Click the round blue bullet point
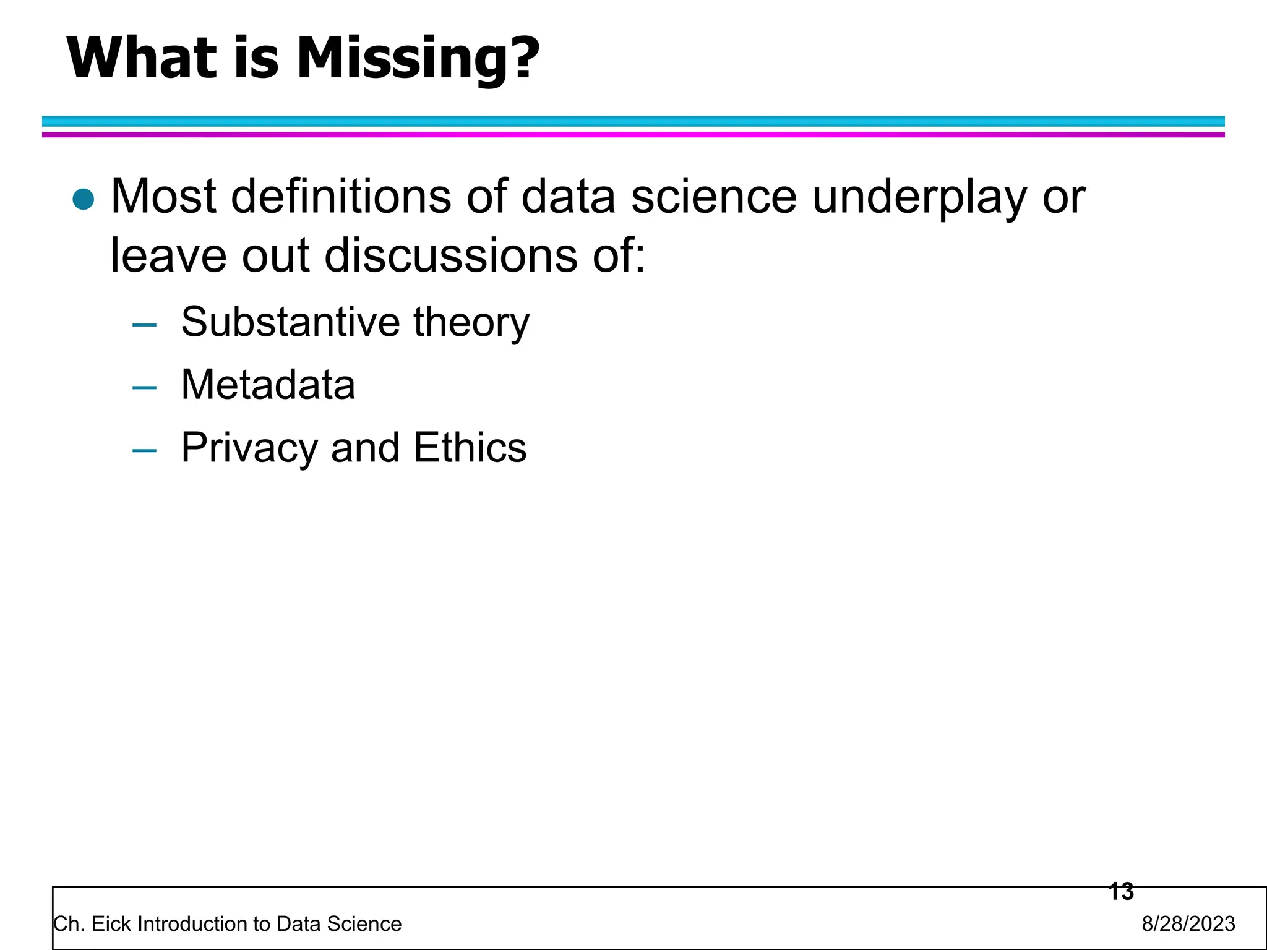coord(83,199)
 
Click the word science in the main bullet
coord(713,197)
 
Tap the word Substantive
coord(291,322)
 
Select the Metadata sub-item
coord(268,385)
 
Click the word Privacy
coord(249,448)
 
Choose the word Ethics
coord(470,447)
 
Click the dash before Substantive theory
coord(144,325)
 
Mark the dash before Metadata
coord(144,388)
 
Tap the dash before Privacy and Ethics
coord(144,450)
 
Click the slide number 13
coord(1121,891)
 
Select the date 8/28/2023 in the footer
coord(1188,924)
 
